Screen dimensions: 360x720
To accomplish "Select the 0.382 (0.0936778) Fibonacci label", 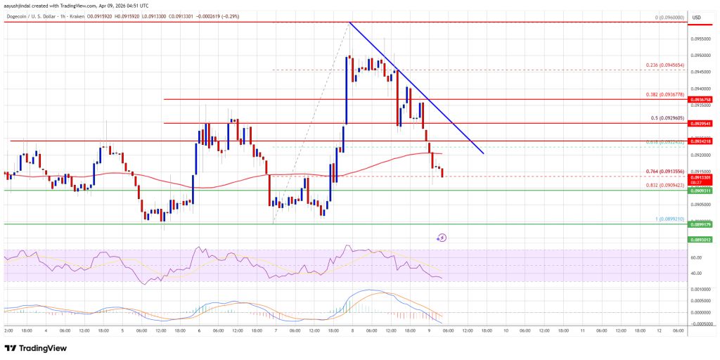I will point(665,94).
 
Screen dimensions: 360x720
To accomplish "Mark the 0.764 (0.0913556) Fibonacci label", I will point(665,171).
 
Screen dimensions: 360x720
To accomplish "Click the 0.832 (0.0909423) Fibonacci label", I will point(665,184).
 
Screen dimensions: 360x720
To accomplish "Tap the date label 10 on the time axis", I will point(506,330).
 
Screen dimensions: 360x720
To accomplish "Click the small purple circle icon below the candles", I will point(442,238).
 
